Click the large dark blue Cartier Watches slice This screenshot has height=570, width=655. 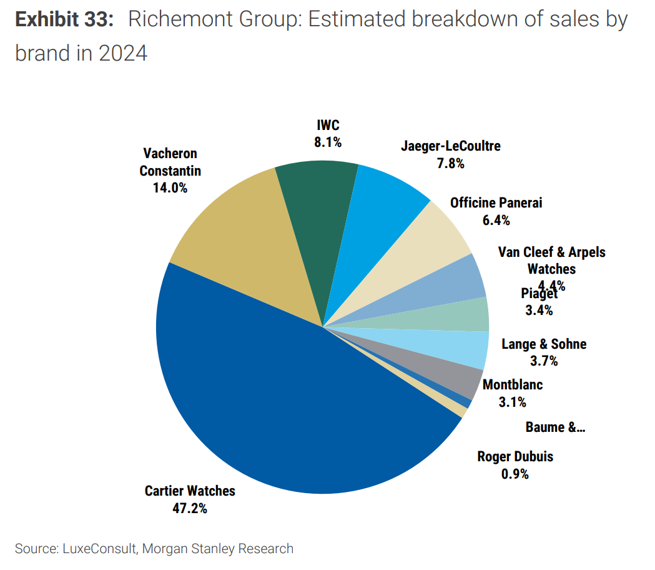point(281,400)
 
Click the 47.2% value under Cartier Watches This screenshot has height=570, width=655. point(190,507)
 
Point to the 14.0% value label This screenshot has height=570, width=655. point(170,187)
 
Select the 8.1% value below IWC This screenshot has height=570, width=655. point(328,142)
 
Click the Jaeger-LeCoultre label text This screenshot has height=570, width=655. point(450,146)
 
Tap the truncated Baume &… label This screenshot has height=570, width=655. point(555,427)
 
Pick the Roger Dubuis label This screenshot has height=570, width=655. point(515,456)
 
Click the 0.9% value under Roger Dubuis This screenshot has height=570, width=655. point(515,474)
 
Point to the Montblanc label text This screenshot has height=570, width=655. point(513,384)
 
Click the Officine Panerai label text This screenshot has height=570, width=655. point(496,202)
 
